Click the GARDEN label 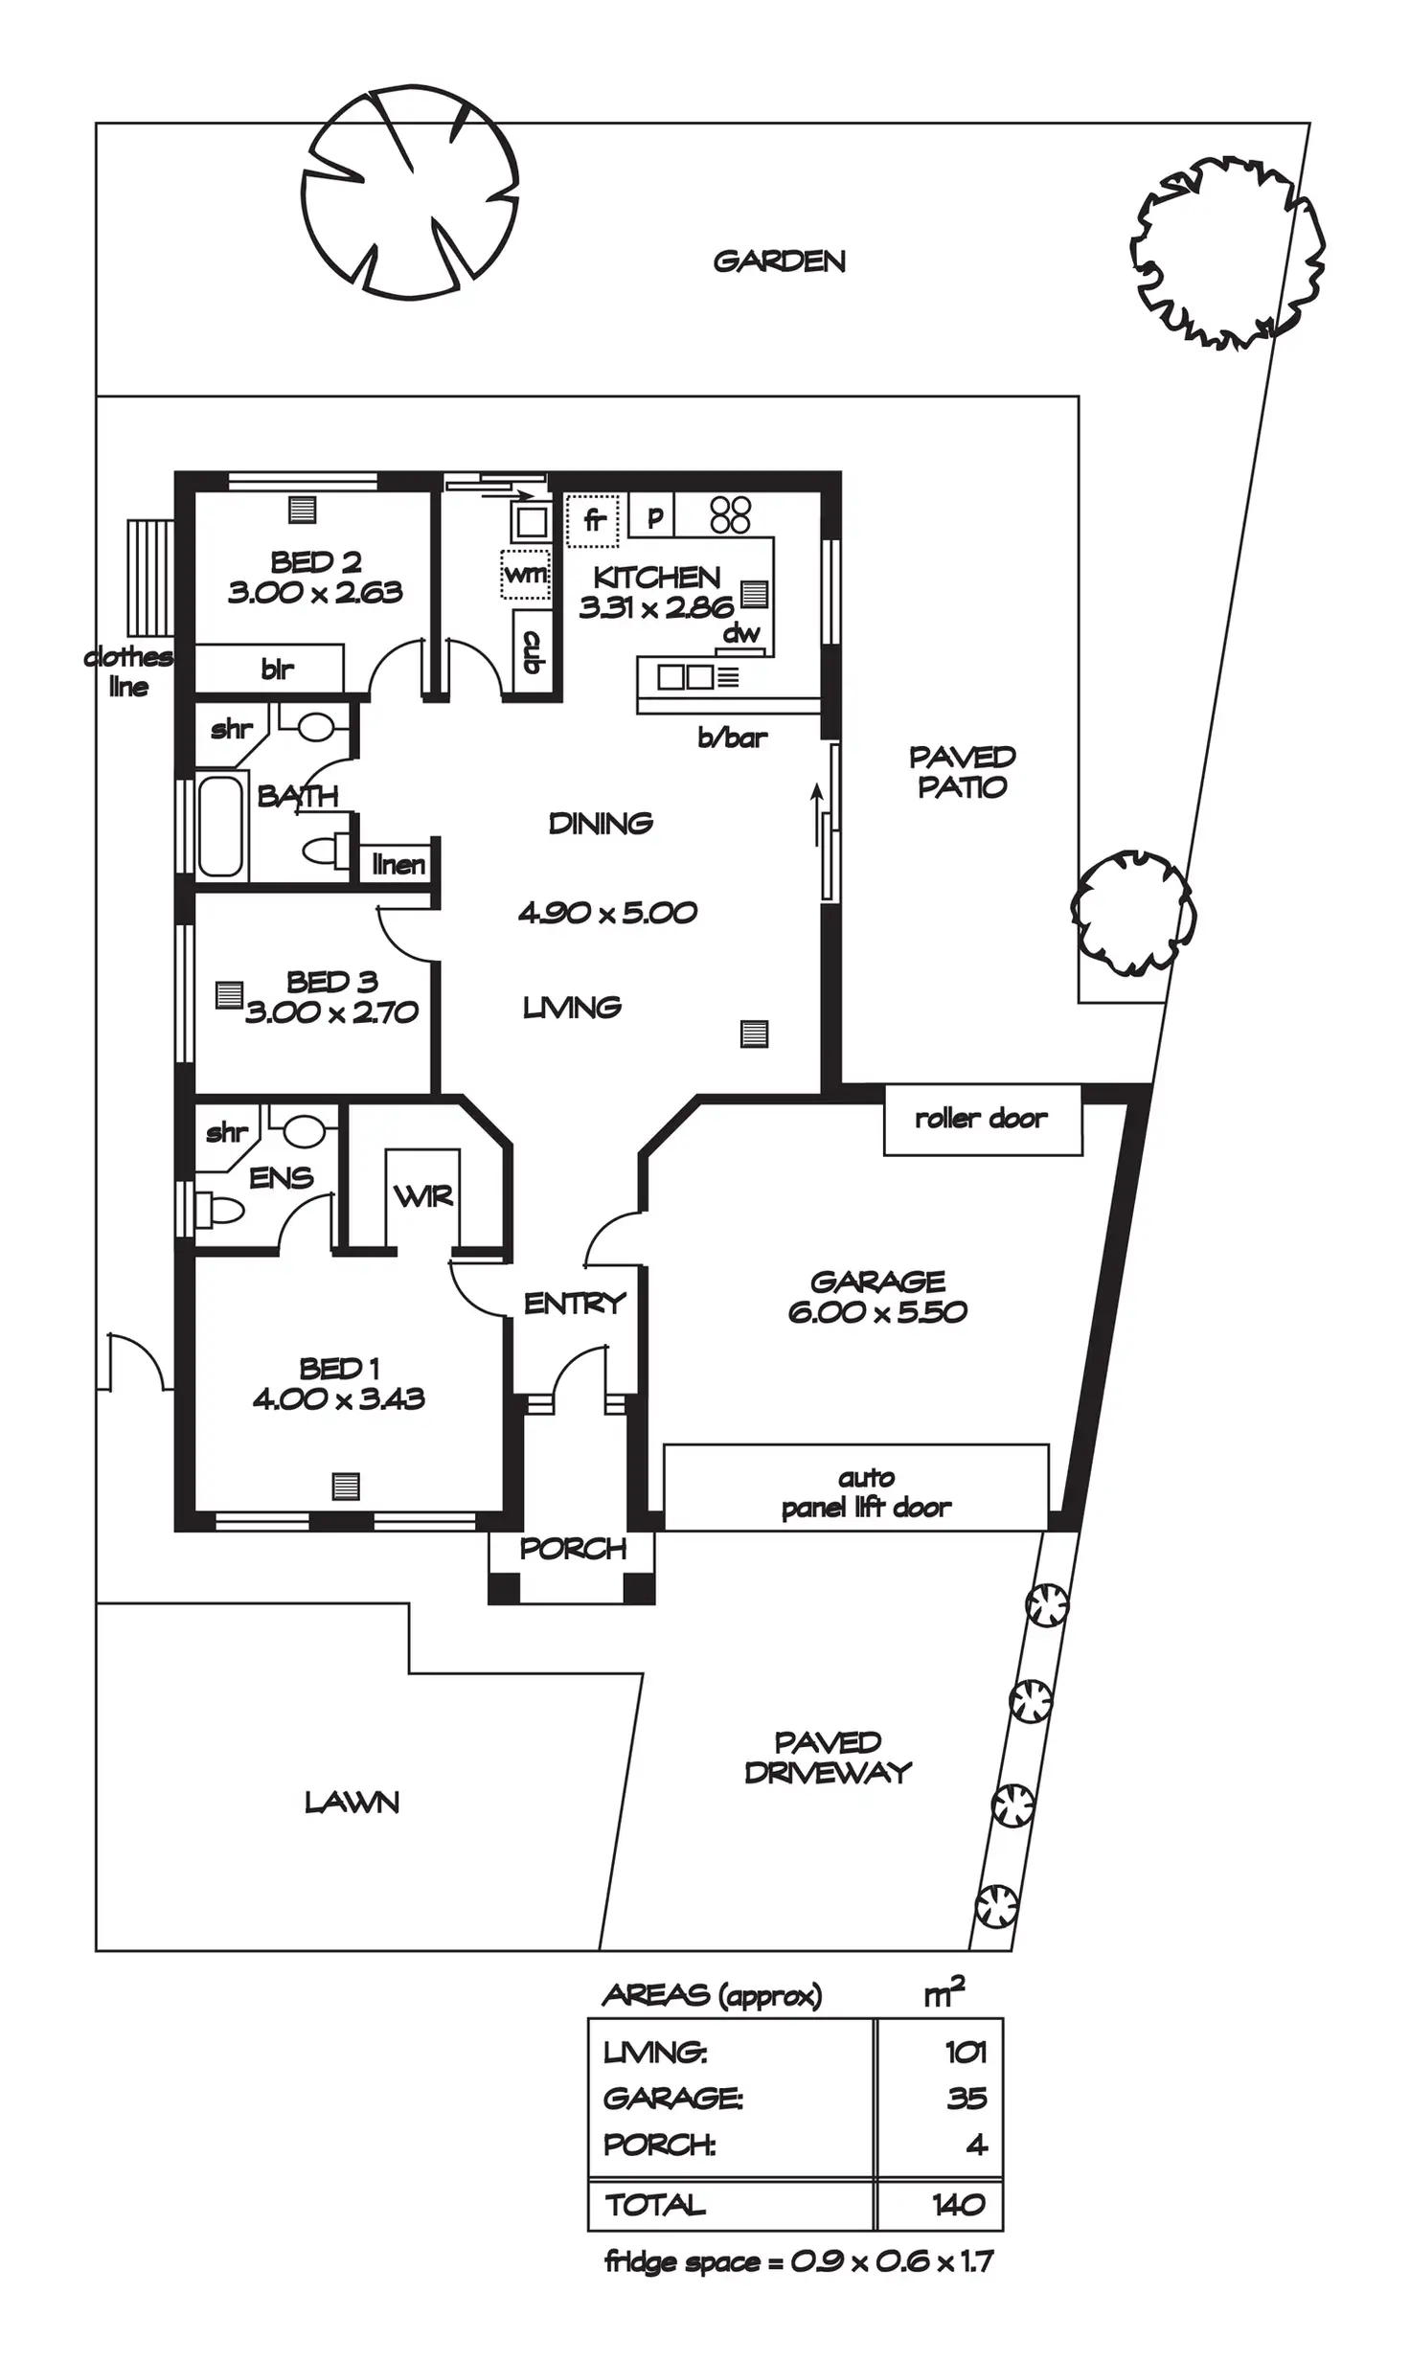pos(779,261)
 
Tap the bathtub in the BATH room pos(219,826)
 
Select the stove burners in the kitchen pos(730,514)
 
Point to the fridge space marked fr pos(594,520)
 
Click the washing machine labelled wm pos(525,575)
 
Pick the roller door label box pos(982,1119)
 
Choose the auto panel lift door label pos(865,1493)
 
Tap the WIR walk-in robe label pos(422,1195)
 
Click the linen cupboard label pos(398,865)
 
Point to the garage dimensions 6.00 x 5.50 pos(877,1311)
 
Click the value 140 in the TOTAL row pos(958,2205)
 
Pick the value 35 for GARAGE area pos(966,2099)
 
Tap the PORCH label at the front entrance pos(572,1549)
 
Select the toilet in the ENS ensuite pos(218,1210)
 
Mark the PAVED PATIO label pos(962,772)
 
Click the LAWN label pos(352,1803)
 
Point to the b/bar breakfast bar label pos(733,738)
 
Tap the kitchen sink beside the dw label pos(685,677)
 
